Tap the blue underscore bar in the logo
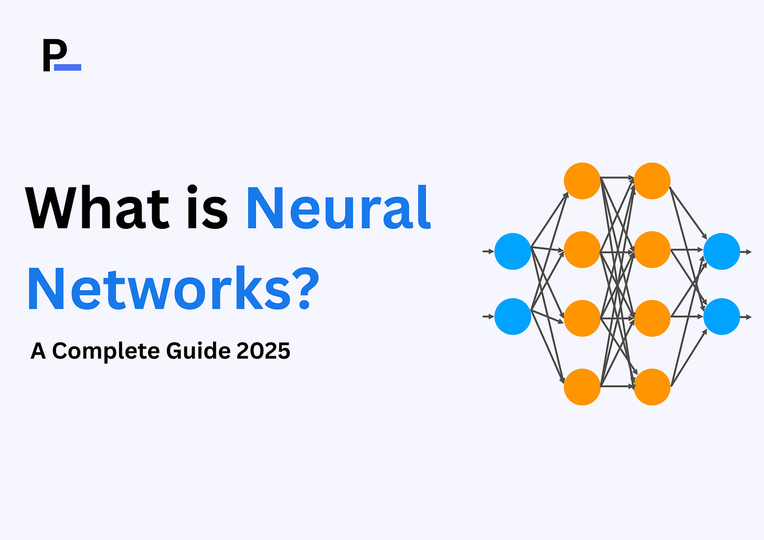(x=68, y=67)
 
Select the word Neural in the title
(x=338, y=208)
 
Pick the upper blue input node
(x=513, y=251)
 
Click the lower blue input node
(x=513, y=316)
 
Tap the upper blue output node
(x=721, y=251)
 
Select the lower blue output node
(x=721, y=316)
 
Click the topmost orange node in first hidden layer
(x=582, y=181)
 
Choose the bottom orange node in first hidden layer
(x=582, y=387)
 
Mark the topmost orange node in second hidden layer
(x=652, y=181)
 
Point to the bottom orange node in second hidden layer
(x=652, y=387)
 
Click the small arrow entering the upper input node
(x=488, y=251)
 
